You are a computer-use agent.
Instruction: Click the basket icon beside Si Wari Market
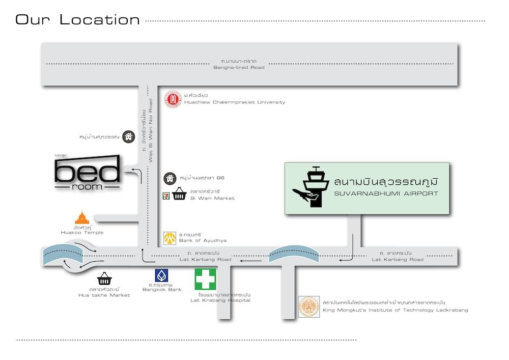point(179,194)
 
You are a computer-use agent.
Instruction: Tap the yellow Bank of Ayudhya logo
point(169,238)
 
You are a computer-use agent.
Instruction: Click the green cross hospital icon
point(205,279)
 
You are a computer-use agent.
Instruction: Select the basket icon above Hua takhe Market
point(104,279)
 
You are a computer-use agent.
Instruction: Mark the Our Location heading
point(77,20)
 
